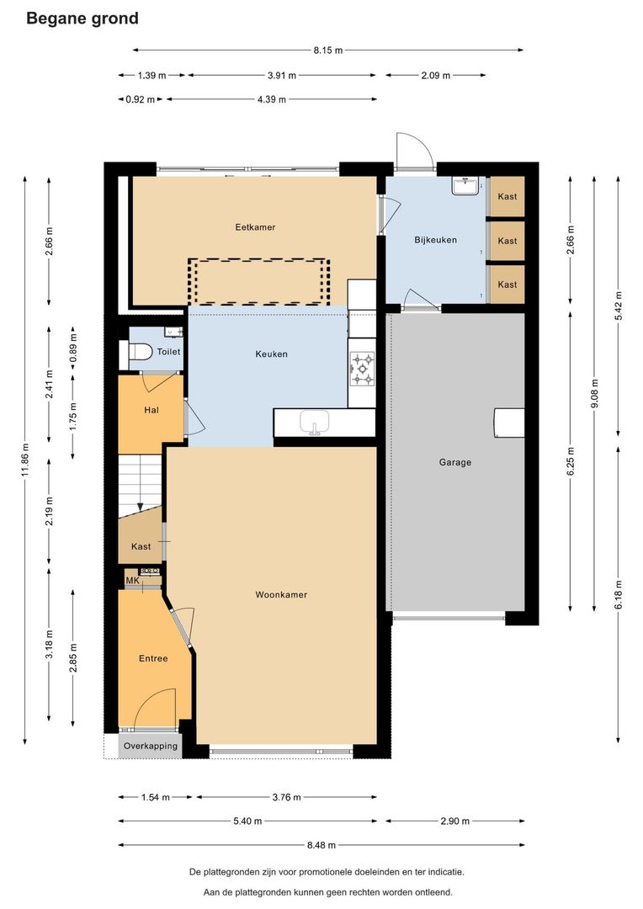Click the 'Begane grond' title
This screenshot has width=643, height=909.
coord(82,19)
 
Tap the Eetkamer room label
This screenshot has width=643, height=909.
coord(255,227)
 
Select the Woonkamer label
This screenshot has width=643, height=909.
coord(281,594)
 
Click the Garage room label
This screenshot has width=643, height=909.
coord(455,462)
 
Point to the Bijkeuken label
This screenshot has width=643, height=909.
coord(435,240)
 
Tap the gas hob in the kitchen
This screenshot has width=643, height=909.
coord(362,369)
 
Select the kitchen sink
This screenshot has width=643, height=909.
coord(314,422)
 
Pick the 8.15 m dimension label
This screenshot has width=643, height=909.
coord(328,50)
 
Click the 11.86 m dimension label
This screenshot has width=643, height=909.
coord(25,460)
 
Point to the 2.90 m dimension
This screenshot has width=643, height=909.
coord(454,821)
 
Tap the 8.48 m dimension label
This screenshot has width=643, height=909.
coord(321,845)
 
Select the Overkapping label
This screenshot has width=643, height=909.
coord(150,746)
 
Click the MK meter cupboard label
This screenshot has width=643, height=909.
coord(132,580)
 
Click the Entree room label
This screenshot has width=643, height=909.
coord(153,658)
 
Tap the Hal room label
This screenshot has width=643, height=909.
coord(151,410)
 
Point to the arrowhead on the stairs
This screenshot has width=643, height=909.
coord(140,508)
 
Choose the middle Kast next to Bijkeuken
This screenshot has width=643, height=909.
coord(507,241)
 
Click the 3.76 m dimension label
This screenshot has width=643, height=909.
coord(286,797)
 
